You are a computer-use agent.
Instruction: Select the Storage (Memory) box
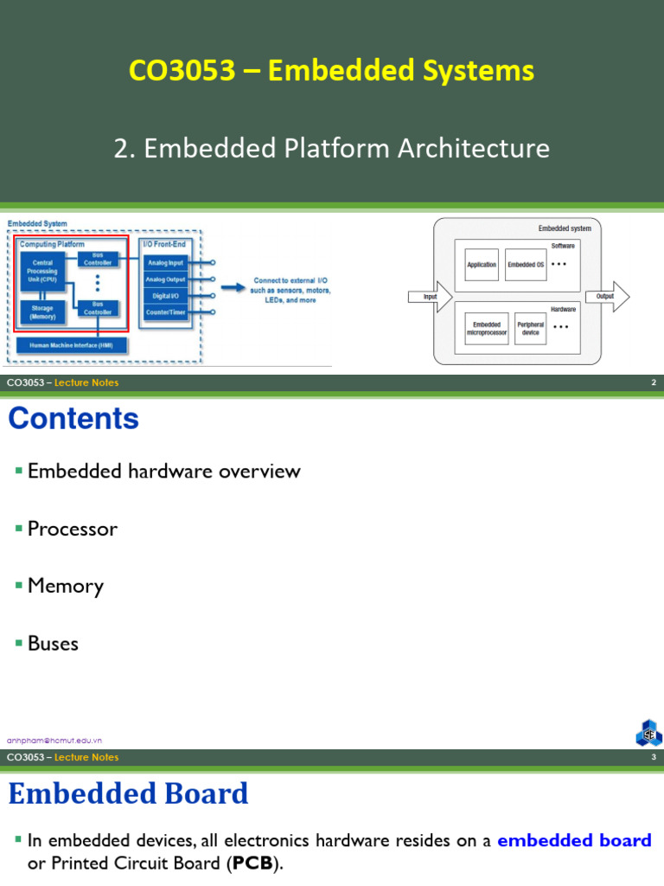(42, 311)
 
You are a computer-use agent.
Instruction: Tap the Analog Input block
(166, 262)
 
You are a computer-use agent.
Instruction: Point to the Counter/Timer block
(166, 311)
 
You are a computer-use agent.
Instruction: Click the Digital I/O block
(166, 295)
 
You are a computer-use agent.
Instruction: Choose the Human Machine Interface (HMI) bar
(72, 345)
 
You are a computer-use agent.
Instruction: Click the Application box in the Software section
(482, 265)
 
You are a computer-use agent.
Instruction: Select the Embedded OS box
(526, 265)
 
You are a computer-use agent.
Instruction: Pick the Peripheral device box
(531, 328)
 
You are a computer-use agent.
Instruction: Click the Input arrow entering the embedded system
(430, 296)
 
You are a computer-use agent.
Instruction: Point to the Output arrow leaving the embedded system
(608, 296)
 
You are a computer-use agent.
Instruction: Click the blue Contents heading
(73, 419)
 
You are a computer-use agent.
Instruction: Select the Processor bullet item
(72, 529)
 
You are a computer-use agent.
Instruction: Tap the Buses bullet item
(53, 643)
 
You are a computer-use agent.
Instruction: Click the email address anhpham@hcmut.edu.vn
(54, 741)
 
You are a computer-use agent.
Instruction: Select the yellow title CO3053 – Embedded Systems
(331, 71)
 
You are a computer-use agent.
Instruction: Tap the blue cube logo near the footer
(648, 734)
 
